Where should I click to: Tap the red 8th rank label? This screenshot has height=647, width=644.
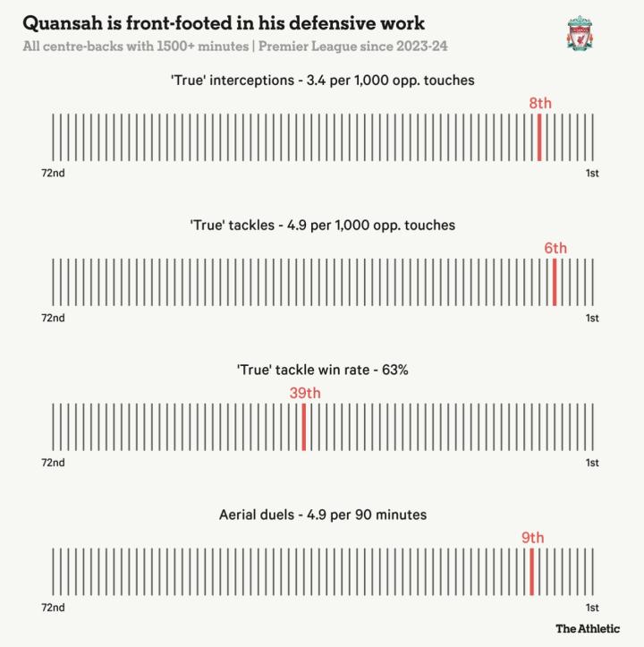540,104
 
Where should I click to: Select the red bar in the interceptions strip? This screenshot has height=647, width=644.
539,137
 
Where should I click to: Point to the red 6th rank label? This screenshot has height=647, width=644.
555,249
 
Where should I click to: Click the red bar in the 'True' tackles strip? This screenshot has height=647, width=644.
555,282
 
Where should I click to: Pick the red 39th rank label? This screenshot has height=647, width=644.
304,393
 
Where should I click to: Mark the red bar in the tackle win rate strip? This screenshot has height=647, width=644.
304,427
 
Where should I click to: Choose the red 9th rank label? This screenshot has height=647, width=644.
533,538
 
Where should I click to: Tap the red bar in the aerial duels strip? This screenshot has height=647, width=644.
532,572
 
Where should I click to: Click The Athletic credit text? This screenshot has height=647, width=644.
587,628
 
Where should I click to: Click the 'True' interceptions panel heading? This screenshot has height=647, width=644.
322,81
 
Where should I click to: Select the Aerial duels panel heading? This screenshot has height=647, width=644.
322,515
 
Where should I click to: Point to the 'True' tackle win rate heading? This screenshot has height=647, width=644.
322,370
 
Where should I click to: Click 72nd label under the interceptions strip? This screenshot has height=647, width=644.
53,173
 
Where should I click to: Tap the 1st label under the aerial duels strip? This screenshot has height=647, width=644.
592,608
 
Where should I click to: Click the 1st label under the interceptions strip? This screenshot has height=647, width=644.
592,173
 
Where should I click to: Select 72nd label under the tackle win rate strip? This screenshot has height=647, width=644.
53,463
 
